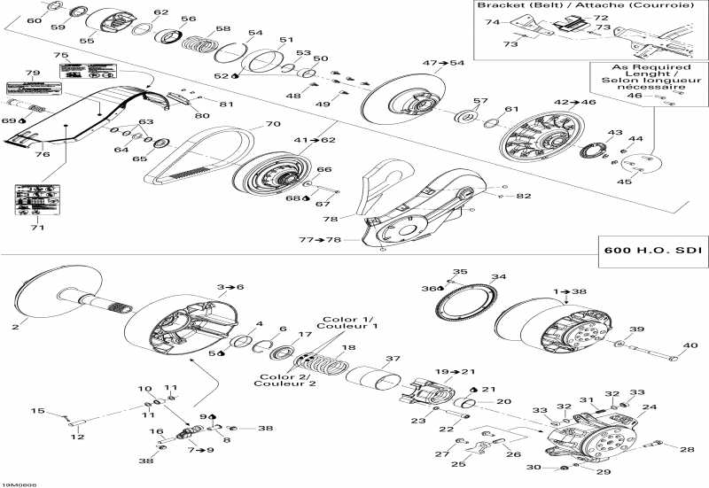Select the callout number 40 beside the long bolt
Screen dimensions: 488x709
pos(690,345)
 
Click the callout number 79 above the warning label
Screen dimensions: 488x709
pos(33,73)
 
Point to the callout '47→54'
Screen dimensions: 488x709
pos(443,63)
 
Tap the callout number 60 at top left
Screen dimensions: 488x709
pos(34,19)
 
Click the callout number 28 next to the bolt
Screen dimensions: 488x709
pos(687,450)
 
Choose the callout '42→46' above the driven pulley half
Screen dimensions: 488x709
pos(575,103)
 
